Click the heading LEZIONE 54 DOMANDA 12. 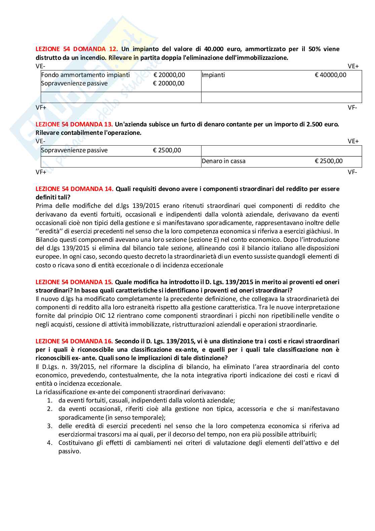click(x=77, y=49)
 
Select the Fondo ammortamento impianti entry click(x=85, y=75)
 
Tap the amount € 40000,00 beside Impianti click(x=330, y=75)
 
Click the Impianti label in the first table click(x=213, y=75)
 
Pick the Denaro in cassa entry click(x=223, y=161)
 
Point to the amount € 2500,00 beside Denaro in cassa click(x=329, y=161)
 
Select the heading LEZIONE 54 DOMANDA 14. click(x=74, y=189)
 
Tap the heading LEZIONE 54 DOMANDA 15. click(x=74, y=282)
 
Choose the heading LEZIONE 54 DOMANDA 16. click(x=74, y=341)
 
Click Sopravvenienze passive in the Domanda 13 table click(x=74, y=150)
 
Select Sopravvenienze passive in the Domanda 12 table click(x=74, y=83)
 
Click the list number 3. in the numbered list click(x=50, y=426)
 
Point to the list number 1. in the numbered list click(x=50, y=401)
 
